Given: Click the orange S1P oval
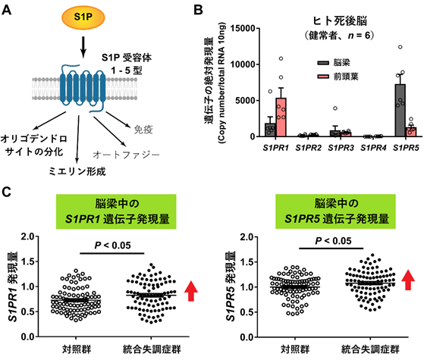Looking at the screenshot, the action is coord(83,17).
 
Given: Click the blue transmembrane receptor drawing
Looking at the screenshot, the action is coord(83,88).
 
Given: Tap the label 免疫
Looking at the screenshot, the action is coord(143,130).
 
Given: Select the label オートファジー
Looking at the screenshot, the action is coord(127,155).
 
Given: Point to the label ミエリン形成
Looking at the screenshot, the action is coord(77,171).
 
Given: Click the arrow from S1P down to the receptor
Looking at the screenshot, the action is coord(83,47).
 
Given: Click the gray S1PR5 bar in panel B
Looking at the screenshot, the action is coord(400,110).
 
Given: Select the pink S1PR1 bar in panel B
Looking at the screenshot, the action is coord(281,117).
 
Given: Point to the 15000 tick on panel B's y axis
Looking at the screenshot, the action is coord(243,28).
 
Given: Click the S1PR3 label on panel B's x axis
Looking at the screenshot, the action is coord(341,148).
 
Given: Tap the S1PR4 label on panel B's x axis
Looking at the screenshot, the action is coord(373,148).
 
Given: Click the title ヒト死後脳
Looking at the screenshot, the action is coord(340,20).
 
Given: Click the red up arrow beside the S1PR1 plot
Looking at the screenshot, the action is coord(191,291).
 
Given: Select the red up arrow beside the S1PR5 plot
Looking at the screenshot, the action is coord(408,280).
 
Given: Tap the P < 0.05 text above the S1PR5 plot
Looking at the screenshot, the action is coord(333,241).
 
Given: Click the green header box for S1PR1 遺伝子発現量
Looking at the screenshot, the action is coord(116,211).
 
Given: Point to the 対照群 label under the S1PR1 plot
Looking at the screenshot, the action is coord(77,349).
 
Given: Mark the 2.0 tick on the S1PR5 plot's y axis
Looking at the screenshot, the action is coord(246,236).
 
